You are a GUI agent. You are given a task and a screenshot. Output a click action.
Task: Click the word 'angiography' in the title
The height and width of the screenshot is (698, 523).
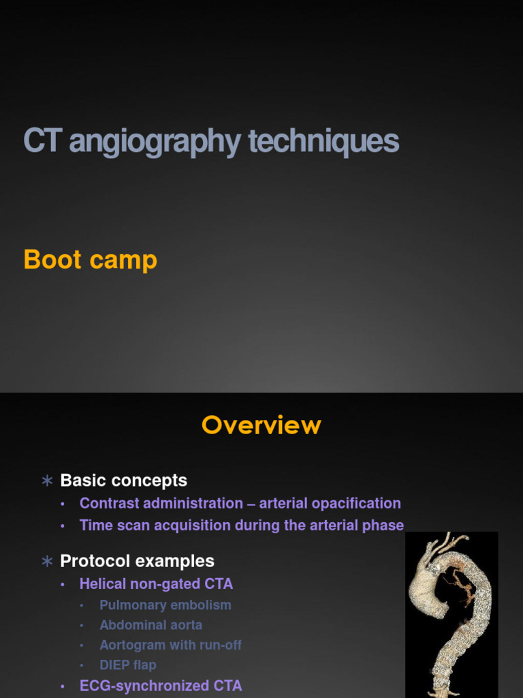[x=155, y=142]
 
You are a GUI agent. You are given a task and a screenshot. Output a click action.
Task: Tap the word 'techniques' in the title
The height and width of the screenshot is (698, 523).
[x=323, y=142]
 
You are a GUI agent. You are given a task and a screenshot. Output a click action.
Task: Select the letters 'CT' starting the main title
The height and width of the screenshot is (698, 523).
[x=43, y=142]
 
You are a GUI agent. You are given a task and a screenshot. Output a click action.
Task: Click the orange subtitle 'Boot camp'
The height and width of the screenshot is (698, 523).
[x=90, y=260]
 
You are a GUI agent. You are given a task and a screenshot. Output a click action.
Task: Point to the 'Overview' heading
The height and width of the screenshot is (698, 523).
[x=261, y=425]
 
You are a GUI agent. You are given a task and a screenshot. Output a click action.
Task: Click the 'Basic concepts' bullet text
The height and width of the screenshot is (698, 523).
[x=123, y=481]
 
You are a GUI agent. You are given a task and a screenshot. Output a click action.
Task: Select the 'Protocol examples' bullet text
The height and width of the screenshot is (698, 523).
[x=137, y=561]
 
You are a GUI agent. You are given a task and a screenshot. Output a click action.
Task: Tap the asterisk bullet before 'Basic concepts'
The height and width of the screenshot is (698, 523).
[x=47, y=481]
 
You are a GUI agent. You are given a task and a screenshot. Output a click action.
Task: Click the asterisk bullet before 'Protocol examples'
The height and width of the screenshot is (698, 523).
[x=47, y=562]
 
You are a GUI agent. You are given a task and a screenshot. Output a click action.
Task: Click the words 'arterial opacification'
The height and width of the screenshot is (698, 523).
[x=330, y=504]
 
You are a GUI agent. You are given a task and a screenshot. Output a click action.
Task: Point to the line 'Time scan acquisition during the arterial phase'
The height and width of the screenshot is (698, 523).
[x=241, y=526]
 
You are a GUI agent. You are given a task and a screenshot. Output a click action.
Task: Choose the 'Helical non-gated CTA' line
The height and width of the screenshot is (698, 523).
[x=156, y=584]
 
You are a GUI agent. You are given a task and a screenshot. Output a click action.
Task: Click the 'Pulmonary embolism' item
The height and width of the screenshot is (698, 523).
[x=165, y=605]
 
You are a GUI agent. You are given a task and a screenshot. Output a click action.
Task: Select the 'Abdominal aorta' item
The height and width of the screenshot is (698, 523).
[x=150, y=625]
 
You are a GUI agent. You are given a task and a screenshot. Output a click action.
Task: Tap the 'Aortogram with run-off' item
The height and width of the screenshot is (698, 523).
[x=170, y=645]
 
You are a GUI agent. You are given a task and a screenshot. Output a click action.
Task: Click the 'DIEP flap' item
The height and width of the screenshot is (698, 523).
[x=127, y=665]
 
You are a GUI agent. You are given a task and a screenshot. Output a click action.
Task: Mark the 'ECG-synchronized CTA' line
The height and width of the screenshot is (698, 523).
[x=160, y=686]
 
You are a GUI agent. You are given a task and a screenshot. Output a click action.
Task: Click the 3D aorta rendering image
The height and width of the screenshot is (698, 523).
[x=451, y=613]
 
